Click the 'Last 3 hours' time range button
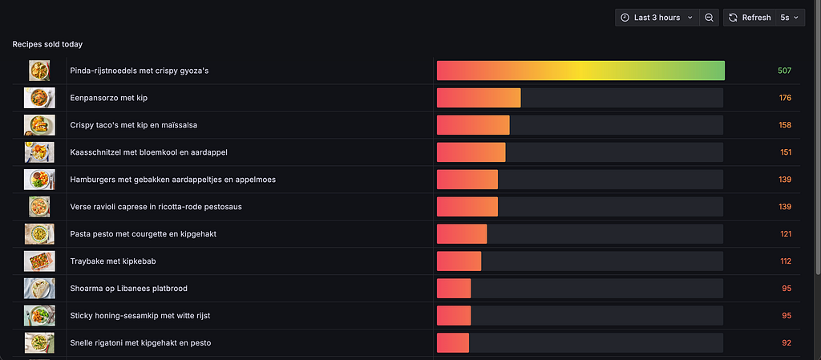(657, 18)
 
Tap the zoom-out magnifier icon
(709, 18)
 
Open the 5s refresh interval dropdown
(790, 18)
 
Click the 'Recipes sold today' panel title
(47, 44)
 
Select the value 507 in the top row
(784, 71)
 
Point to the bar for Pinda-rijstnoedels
(580, 71)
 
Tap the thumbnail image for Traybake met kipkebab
(39, 261)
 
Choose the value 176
(785, 98)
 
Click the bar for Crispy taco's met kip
(473, 125)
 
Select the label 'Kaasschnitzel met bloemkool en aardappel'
(148, 152)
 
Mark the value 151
(786, 152)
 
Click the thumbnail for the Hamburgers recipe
(39, 180)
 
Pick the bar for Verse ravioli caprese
(467, 207)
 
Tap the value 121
(786, 234)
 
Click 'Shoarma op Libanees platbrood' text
(129, 289)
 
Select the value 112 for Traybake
(786, 261)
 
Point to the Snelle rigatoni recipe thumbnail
(39, 342)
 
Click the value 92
(787, 342)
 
